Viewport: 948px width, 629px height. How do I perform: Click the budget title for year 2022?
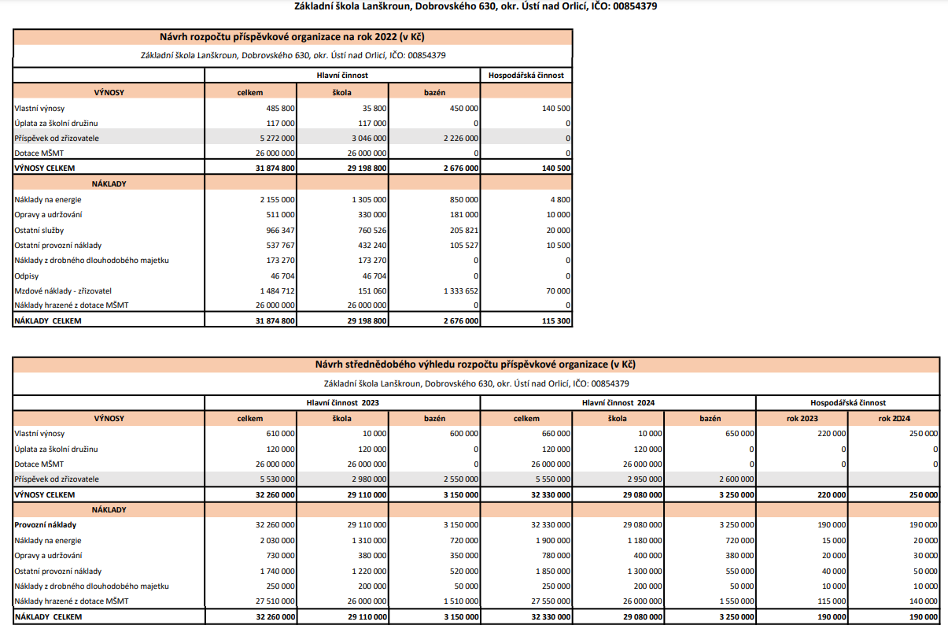click(x=293, y=37)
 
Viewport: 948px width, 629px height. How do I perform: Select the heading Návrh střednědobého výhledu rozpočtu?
click(x=475, y=364)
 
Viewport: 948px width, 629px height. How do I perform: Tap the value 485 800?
click(x=281, y=108)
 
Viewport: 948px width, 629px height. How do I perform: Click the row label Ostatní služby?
click(x=39, y=230)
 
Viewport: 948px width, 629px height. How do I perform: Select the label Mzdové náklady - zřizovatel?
click(x=62, y=290)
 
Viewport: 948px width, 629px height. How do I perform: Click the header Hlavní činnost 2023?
click(x=342, y=402)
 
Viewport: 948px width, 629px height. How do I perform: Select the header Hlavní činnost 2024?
click(x=618, y=402)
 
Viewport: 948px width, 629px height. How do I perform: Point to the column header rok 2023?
click(x=802, y=418)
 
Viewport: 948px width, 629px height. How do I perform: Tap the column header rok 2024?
click(x=894, y=418)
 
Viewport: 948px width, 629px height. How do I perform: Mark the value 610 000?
click(x=281, y=433)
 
